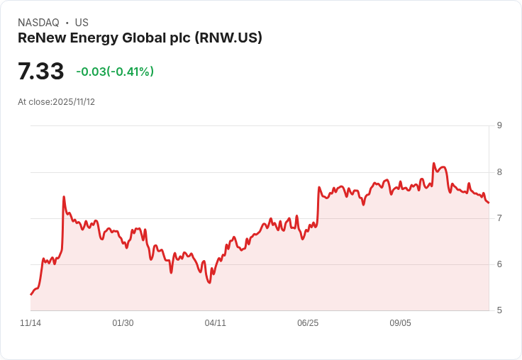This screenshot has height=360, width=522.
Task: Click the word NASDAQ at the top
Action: pos(38,23)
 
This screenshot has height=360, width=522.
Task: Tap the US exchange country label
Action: pos(82,23)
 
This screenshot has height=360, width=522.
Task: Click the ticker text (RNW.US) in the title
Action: pos(227,38)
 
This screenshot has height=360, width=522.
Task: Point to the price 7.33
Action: pos(41,72)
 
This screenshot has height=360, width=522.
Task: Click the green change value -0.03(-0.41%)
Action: pos(115,72)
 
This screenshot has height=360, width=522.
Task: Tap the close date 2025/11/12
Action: pos(74,102)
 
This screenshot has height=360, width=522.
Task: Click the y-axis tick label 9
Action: pos(499,125)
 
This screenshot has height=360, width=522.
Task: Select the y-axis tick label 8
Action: pos(499,171)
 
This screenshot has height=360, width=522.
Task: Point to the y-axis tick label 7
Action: pos(499,218)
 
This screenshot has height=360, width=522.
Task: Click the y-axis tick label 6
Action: pos(499,264)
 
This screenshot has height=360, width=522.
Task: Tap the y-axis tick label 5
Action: pos(499,310)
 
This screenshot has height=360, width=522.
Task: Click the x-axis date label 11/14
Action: pos(30,323)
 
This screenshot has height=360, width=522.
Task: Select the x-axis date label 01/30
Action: pos(123,323)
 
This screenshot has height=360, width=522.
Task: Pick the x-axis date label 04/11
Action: pos(216,323)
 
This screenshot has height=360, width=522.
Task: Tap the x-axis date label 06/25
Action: pos(308,323)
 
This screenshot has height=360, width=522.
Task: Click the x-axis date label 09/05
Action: pos(400,323)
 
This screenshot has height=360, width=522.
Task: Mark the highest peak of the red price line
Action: pos(433,163)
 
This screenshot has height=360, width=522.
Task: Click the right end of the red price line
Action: pos(489,203)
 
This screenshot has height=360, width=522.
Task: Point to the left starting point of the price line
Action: pos(31,294)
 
